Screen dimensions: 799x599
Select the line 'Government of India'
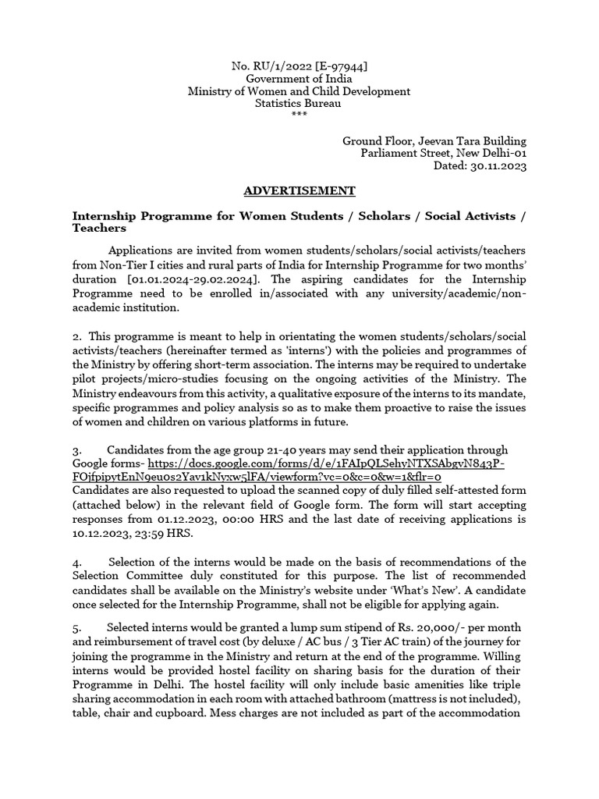click(x=299, y=79)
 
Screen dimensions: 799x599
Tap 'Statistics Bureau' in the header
click(x=299, y=104)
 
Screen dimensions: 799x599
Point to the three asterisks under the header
click(x=299, y=115)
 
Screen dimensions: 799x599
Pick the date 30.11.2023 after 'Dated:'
click(x=498, y=166)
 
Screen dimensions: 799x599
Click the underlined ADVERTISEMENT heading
click(x=299, y=191)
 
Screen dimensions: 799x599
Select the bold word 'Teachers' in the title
click(x=98, y=229)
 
